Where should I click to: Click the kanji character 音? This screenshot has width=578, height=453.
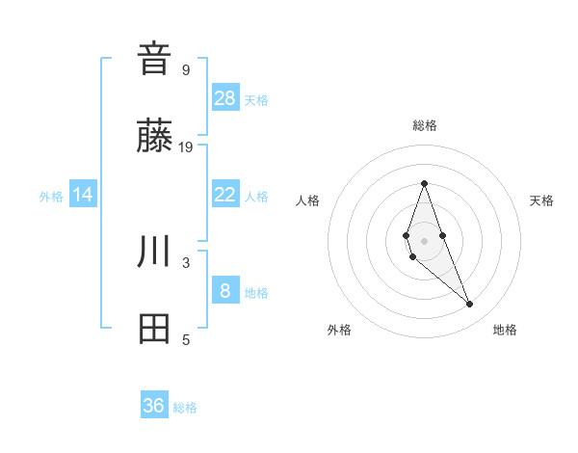click(154, 58)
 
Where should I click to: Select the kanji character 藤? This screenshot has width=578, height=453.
click(154, 136)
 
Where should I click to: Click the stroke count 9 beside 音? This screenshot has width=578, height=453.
click(186, 69)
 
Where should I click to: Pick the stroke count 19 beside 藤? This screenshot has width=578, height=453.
click(186, 147)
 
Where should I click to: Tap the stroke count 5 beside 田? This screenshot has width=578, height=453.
click(186, 340)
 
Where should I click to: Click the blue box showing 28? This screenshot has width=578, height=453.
click(225, 98)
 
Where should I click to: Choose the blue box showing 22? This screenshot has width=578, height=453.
click(225, 195)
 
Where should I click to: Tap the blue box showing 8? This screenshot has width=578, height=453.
click(225, 291)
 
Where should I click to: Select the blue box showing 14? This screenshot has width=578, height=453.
click(83, 195)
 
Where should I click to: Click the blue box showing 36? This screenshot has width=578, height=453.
click(154, 406)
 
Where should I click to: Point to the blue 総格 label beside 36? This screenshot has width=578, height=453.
click(185, 408)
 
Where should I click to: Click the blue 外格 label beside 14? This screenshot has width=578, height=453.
click(51, 197)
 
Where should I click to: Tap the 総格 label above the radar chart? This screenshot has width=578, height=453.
click(424, 125)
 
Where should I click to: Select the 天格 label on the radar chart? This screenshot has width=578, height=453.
click(541, 200)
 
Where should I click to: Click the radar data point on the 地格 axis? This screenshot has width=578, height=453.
click(470, 305)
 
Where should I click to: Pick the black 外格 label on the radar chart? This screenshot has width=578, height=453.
click(339, 330)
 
